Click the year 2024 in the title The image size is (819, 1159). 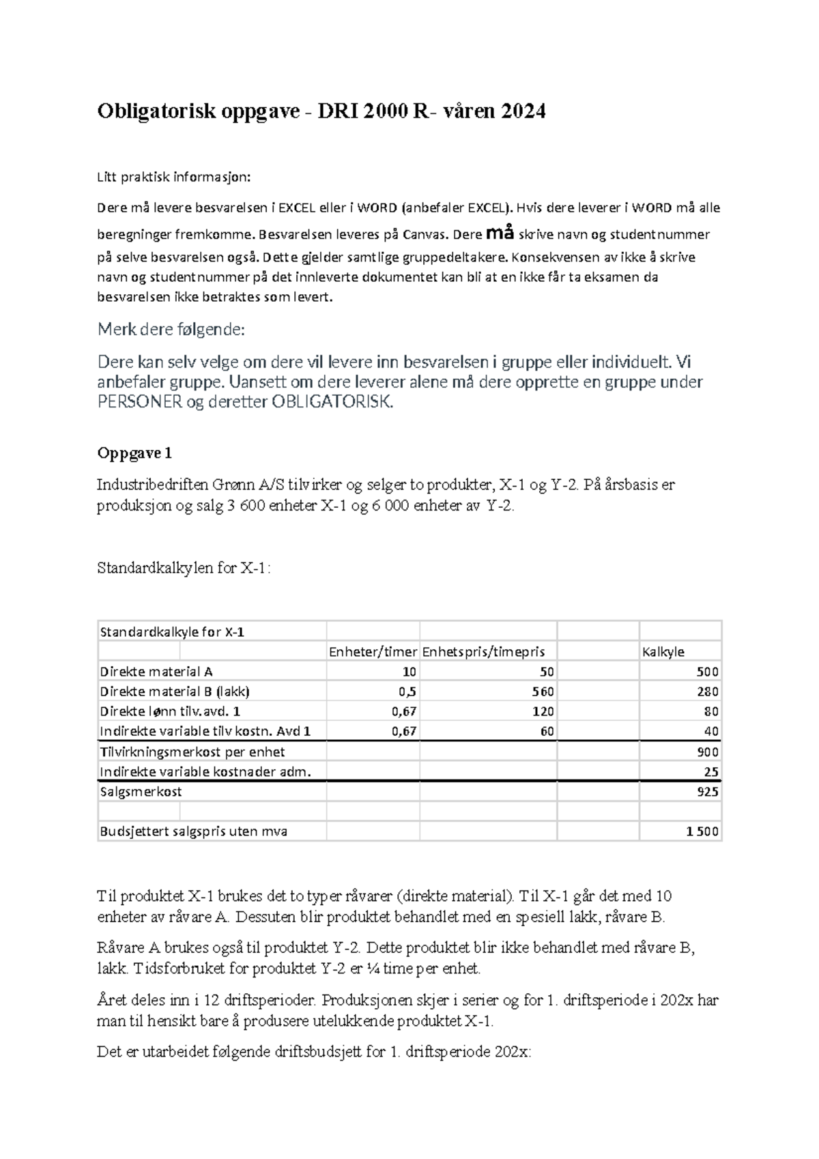click(523, 111)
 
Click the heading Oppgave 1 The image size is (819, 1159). click(134, 453)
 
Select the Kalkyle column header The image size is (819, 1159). click(663, 652)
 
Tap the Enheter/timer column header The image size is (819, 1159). click(373, 652)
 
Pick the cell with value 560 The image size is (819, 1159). click(543, 691)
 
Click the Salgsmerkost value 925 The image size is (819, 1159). click(708, 792)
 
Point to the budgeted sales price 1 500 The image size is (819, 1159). click(702, 831)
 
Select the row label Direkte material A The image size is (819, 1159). click(156, 672)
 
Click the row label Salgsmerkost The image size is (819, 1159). click(141, 792)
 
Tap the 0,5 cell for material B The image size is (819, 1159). click(407, 691)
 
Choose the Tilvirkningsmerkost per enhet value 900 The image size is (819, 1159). click(708, 752)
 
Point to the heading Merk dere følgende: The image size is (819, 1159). click(171, 330)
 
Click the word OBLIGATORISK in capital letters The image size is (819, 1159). click(332, 402)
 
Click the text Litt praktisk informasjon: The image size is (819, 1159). click(174, 177)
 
